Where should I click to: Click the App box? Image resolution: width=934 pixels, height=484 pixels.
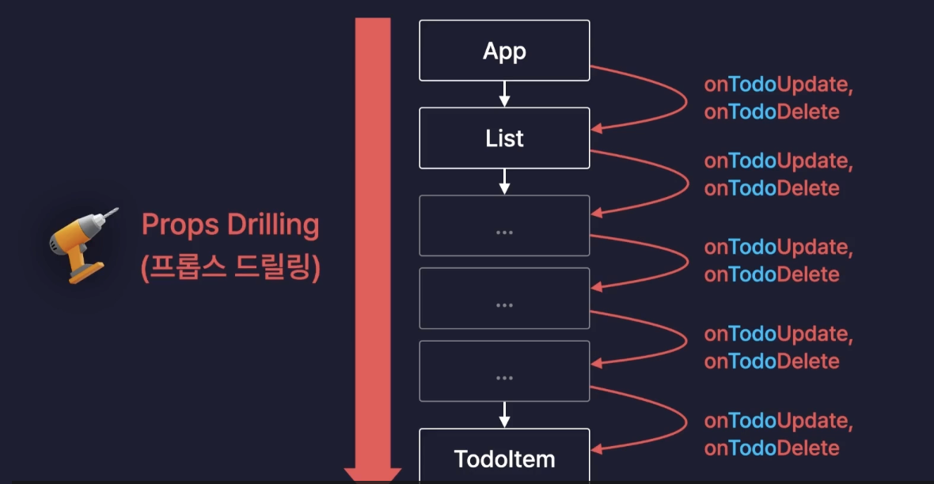click(504, 51)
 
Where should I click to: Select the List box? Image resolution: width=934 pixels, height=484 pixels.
click(504, 138)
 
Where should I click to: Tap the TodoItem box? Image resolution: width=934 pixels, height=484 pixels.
click(504, 457)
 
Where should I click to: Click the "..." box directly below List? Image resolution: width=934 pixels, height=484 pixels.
click(504, 225)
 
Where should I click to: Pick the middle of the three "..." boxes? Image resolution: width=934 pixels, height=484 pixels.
click(504, 298)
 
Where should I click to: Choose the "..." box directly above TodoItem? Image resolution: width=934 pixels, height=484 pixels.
click(504, 371)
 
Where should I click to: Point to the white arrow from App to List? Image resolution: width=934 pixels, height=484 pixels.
click(504, 94)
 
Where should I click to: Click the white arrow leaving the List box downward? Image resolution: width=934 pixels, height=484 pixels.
click(504, 181)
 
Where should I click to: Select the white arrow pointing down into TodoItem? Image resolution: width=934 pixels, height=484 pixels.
click(504, 414)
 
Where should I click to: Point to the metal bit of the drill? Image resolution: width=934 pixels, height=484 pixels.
click(112, 214)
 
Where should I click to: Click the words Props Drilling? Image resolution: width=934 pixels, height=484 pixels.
click(230, 225)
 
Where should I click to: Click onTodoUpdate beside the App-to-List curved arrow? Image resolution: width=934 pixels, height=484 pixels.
click(778, 85)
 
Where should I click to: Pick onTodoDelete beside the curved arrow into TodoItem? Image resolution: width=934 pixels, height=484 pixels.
click(772, 448)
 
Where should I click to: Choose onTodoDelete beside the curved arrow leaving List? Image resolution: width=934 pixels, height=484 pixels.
click(772, 188)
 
